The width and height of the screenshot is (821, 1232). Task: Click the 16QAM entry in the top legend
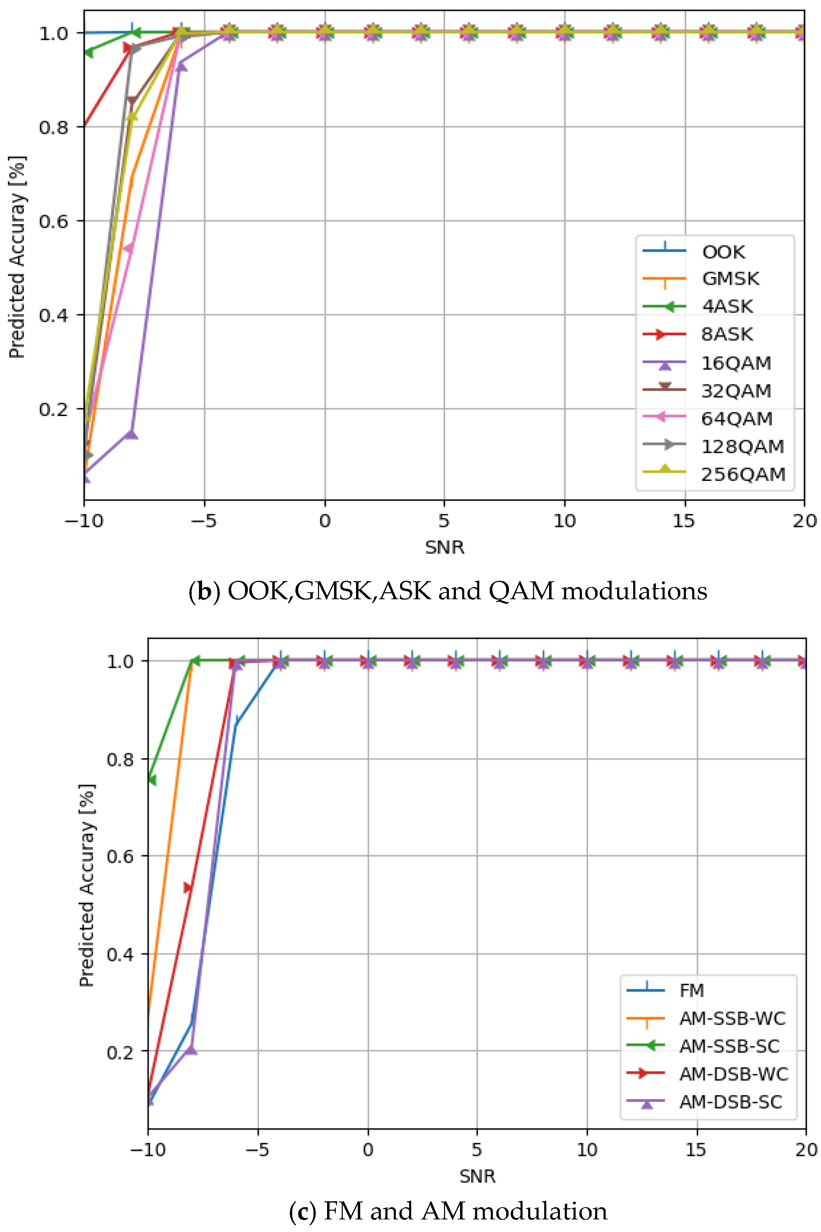point(736,363)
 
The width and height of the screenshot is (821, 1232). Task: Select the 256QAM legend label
point(743,474)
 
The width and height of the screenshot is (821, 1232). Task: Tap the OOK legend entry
point(723,252)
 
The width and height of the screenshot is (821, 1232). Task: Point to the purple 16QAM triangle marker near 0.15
point(132,434)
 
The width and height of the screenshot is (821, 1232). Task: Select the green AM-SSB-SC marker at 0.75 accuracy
point(151,780)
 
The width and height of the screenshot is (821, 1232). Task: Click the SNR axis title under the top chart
point(444,548)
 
